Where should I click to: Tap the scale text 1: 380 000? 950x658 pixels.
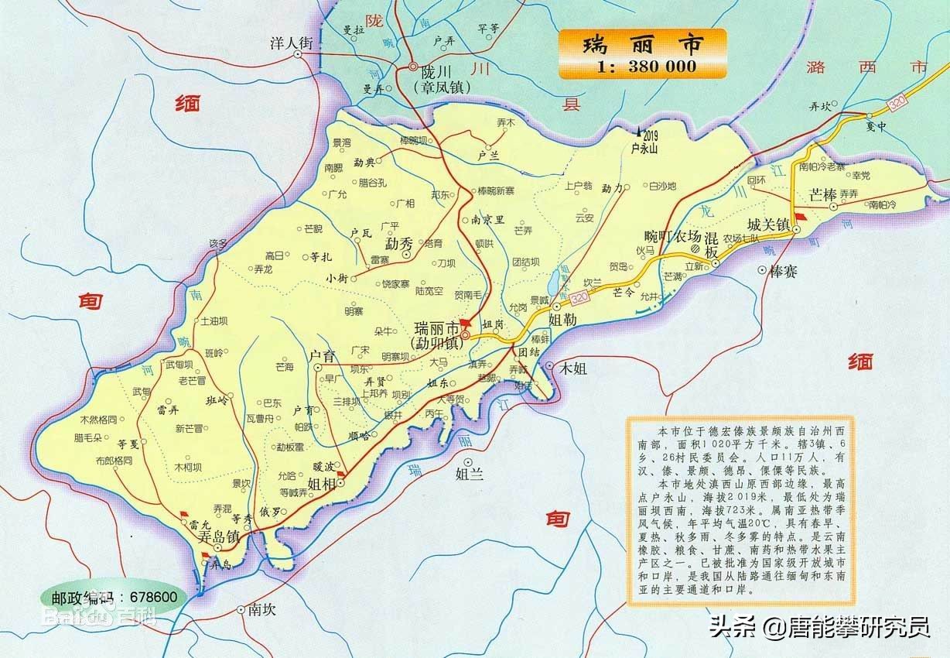[646, 66]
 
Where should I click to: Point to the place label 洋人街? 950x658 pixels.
[290, 44]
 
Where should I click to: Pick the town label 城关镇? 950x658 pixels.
[767, 224]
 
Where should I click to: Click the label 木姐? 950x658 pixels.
[573, 369]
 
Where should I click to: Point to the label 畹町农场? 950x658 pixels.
[672, 237]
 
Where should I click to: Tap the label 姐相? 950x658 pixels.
[321, 484]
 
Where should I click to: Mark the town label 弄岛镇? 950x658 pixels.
[219, 535]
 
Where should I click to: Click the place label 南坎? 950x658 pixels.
[262, 609]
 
